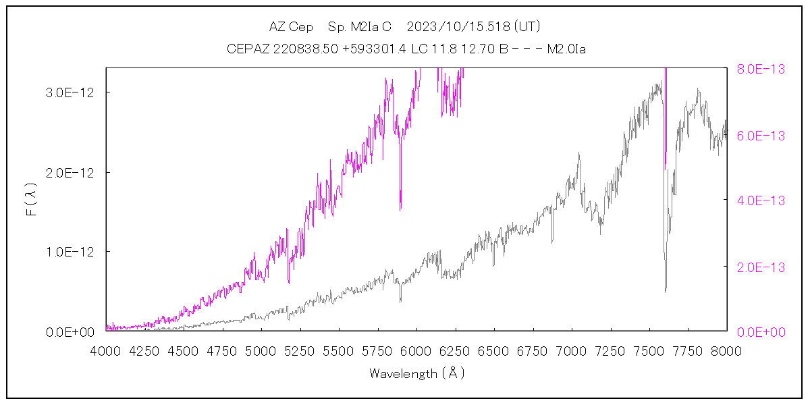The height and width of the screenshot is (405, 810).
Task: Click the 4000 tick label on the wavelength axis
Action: (105, 351)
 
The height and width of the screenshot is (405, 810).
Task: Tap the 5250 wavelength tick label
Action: (300, 351)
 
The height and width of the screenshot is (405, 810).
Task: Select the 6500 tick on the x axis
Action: (494, 351)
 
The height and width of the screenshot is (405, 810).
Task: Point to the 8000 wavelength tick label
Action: (727, 351)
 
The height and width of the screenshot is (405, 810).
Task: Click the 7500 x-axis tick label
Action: (649, 351)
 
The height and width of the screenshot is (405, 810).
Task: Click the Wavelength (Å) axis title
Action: (416, 373)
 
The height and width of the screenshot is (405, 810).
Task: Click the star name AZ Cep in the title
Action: (291, 27)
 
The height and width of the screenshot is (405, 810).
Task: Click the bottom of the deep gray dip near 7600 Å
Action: (666, 292)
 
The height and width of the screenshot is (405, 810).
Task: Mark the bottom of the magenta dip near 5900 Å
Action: (400, 210)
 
